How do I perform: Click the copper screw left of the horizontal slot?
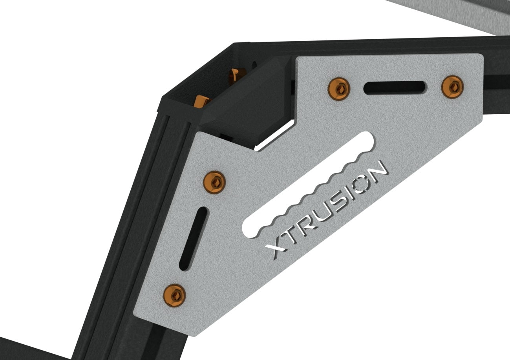pos(339,88)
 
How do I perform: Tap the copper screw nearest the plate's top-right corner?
pos(452,87)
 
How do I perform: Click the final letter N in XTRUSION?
pos(377,170)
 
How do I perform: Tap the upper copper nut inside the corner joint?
pos(237,75)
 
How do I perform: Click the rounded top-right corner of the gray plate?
pos(480,58)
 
